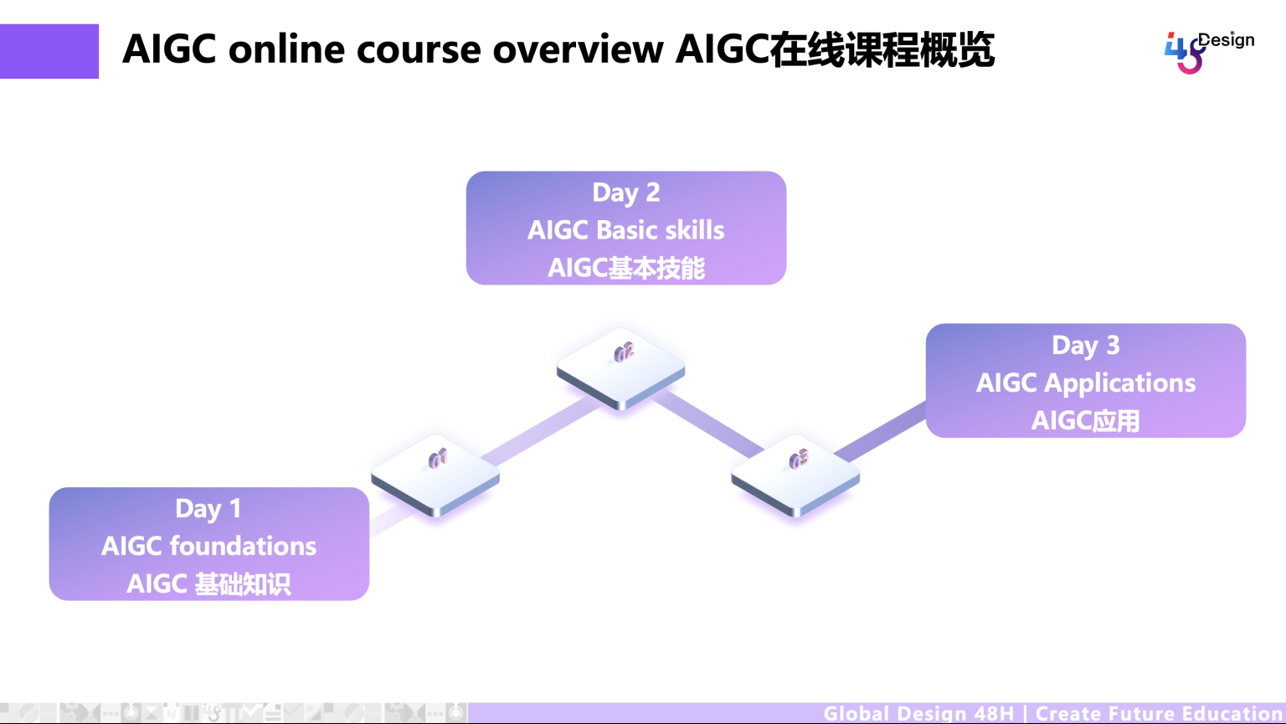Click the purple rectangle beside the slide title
[49, 51]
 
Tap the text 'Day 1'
[208, 508]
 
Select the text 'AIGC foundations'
[208, 546]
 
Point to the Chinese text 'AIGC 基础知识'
[208, 583]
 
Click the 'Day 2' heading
[626, 193]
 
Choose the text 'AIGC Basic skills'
[626, 230]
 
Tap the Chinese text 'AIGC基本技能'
[626, 268]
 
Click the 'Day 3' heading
[1086, 345]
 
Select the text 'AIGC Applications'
[1086, 383]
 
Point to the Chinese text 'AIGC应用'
[1086, 420]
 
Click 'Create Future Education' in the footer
[1160, 713]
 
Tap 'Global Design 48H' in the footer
[918, 713]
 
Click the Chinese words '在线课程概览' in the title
[882, 49]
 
